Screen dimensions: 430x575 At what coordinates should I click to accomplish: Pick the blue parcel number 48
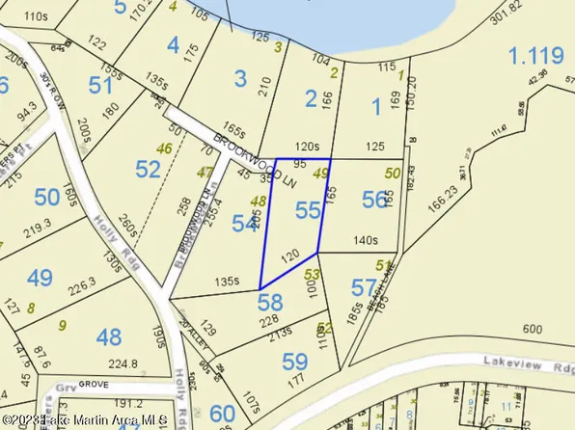(x=110, y=336)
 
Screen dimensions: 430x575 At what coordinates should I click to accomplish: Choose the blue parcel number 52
(x=149, y=171)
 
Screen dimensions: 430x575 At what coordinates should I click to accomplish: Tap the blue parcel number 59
(x=293, y=363)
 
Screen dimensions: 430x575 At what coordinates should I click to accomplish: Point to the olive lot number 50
(x=392, y=173)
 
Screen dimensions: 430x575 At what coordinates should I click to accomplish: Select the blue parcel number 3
(x=241, y=78)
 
